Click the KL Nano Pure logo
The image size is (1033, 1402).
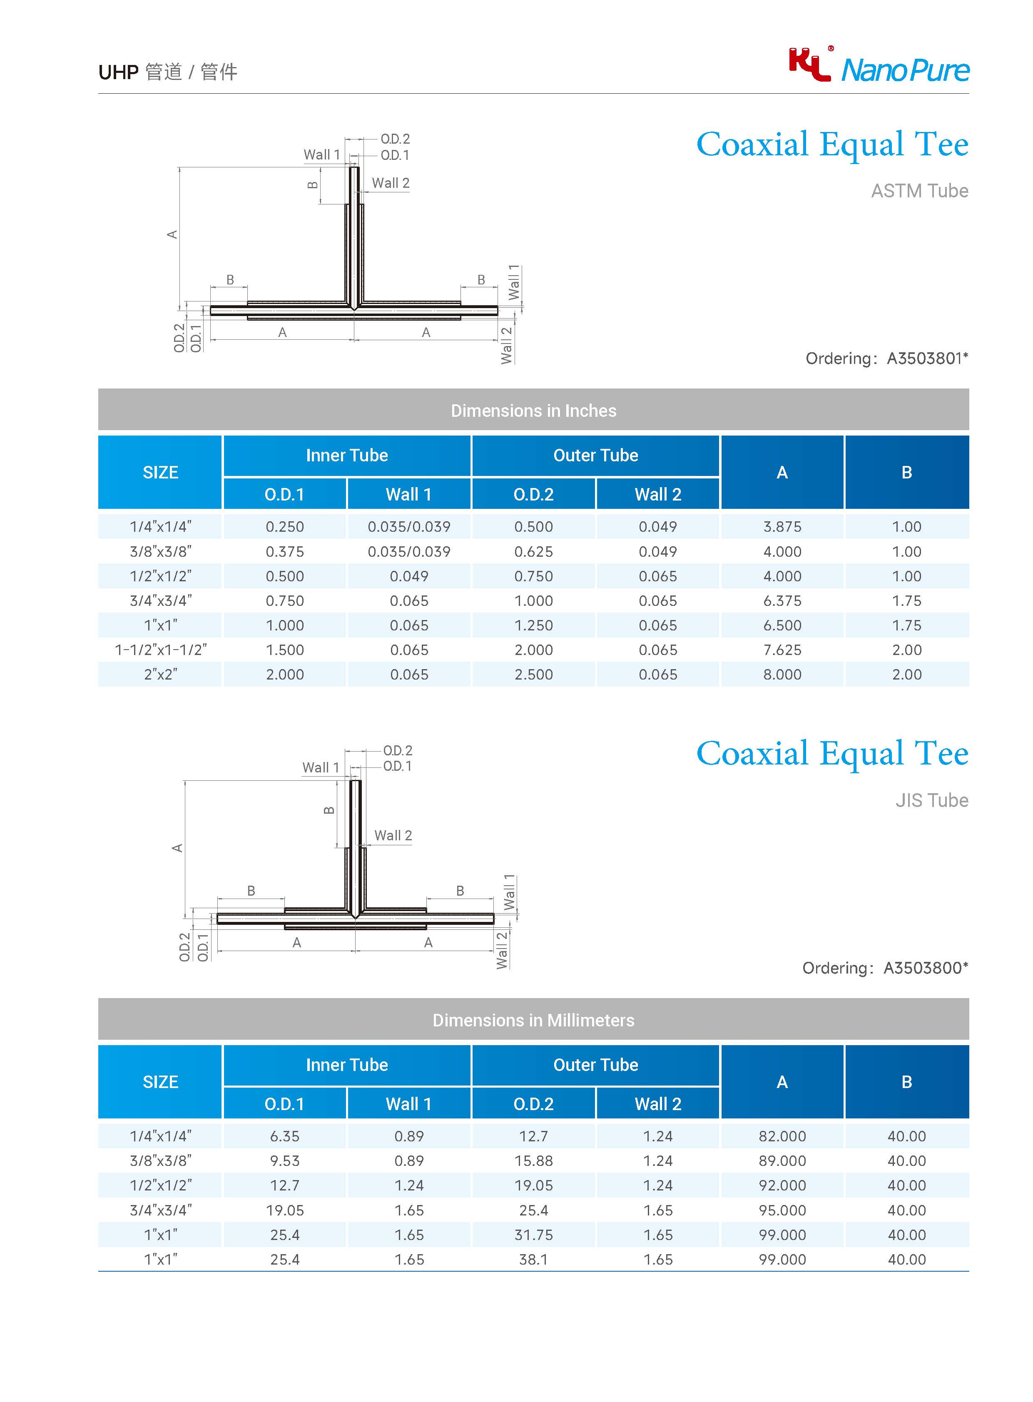[x=879, y=66]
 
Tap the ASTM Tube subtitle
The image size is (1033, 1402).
[x=919, y=191]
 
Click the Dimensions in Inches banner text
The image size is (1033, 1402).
[x=533, y=411]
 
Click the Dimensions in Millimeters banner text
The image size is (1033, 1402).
[x=533, y=1021]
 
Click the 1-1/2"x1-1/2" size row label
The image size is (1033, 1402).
[x=161, y=650]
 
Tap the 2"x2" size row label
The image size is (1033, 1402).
[x=161, y=674]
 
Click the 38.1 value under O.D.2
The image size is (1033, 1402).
[x=533, y=1260]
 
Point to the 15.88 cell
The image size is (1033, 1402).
[x=533, y=1160]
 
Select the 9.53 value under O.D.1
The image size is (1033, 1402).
[x=284, y=1160]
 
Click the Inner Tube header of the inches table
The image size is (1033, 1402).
[x=347, y=455]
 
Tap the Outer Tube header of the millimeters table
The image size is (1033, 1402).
[x=595, y=1065]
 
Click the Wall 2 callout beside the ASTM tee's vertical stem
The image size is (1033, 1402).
[x=390, y=183]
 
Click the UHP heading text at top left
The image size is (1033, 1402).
[x=118, y=72]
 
